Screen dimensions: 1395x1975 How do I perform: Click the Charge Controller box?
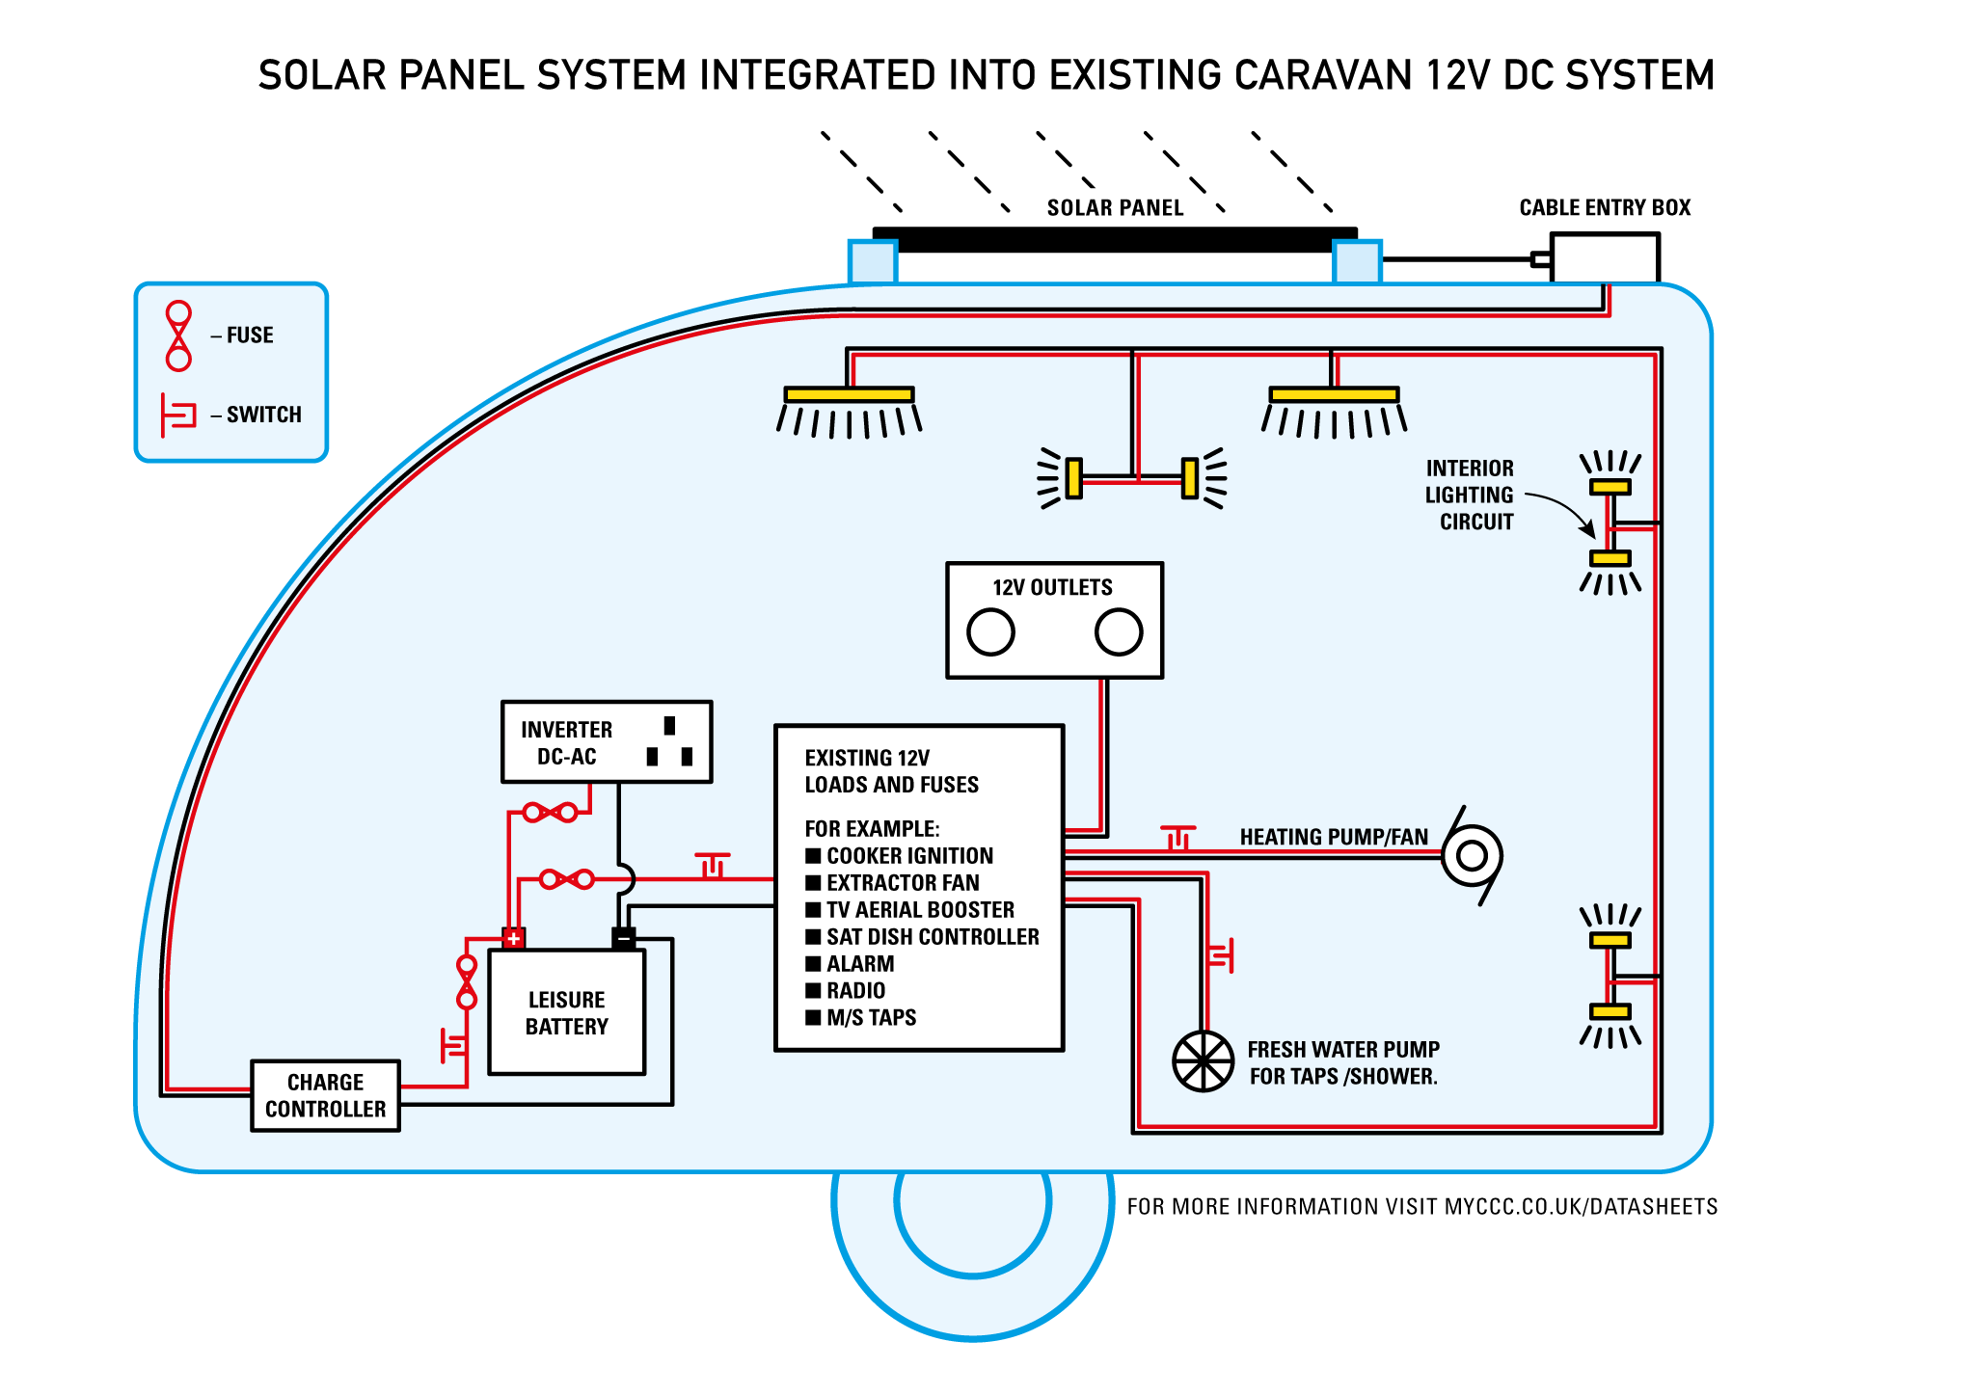point(325,1096)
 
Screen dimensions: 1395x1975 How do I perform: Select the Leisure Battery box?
point(566,1012)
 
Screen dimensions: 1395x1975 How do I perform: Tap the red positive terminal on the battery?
point(513,937)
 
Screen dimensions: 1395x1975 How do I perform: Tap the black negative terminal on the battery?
point(624,937)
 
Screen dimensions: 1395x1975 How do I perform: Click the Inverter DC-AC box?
point(607,742)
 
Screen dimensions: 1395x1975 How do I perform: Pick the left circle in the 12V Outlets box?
point(990,632)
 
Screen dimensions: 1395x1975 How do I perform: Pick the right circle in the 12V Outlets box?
point(1119,632)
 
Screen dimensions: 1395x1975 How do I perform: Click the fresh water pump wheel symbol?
point(1203,1061)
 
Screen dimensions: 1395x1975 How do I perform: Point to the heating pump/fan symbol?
point(1472,855)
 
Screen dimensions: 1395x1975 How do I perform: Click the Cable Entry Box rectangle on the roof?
point(1605,258)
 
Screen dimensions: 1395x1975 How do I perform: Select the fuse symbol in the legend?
point(178,335)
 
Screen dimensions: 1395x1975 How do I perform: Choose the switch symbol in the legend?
point(178,416)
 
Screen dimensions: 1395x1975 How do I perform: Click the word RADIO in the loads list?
point(855,991)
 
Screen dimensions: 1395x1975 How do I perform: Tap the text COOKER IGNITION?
point(909,856)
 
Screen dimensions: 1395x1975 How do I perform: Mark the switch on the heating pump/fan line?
point(1177,837)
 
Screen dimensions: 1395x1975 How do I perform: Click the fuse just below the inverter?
point(550,813)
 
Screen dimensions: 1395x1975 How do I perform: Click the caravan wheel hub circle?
point(972,1202)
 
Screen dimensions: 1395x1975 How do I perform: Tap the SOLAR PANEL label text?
point(1115,208)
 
